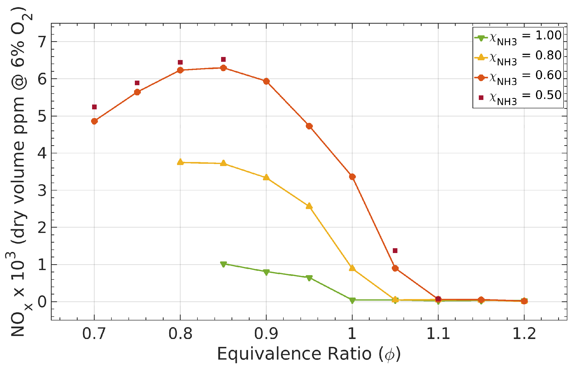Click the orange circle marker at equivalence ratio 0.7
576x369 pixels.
point(94,121)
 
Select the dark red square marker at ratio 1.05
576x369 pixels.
point(395,251)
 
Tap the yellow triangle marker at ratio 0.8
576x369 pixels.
point(180,162)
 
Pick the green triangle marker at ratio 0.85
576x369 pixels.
point(223,264)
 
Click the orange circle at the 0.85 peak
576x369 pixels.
point(223,68)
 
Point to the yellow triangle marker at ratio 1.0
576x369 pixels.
point(352,268)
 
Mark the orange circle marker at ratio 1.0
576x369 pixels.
point(352,177)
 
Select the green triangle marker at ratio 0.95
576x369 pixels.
point(309,278)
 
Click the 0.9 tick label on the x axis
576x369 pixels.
point(266,334)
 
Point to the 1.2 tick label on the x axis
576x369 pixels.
point(524,334)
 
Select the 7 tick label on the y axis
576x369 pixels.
point(42,42)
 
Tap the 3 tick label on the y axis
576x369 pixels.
point(42,190)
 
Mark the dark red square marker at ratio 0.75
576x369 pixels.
point(137,83)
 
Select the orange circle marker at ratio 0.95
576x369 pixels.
point(309,126)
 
